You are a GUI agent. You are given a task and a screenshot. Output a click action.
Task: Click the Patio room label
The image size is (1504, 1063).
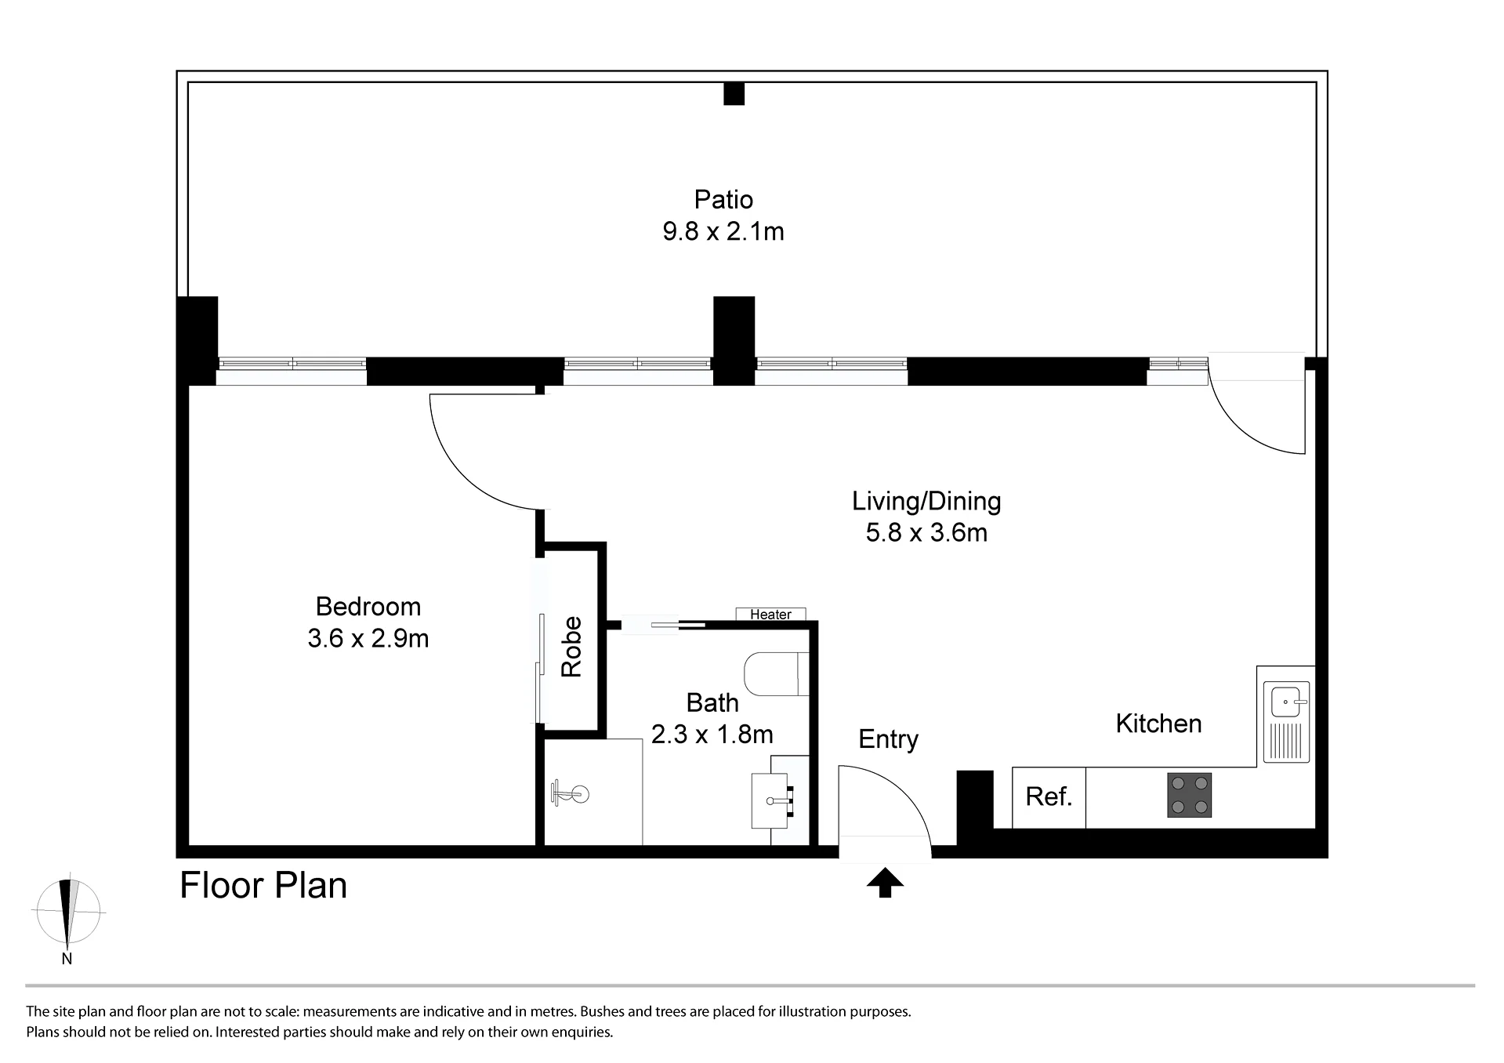723,199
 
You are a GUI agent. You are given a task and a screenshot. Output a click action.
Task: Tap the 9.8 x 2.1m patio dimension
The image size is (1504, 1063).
723,232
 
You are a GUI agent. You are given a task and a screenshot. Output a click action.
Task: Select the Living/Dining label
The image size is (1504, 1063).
926,502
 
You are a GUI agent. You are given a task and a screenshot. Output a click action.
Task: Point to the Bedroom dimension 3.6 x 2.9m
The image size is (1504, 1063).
368,638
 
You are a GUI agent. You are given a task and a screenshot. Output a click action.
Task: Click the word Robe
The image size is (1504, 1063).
571,647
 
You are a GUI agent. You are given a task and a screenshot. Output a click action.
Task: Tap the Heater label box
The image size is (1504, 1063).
770,614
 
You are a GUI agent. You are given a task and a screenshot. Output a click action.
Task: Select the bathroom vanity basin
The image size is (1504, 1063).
774,801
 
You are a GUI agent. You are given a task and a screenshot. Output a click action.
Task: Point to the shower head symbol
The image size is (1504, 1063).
570,793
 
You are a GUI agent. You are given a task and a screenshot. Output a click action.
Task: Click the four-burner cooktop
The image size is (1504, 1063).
1189,795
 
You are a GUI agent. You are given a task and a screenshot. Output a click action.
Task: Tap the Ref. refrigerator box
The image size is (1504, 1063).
1049,797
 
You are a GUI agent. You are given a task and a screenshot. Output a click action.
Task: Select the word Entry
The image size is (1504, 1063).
888,739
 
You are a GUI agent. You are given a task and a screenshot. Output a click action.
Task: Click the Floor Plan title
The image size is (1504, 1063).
263,886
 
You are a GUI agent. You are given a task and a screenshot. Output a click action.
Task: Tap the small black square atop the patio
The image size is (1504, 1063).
734,94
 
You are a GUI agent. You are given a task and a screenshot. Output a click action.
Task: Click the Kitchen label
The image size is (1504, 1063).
1158,724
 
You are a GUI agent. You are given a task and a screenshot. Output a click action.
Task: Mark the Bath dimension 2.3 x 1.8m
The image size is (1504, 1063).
712,735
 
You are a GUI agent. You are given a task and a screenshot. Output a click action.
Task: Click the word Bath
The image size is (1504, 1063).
712,702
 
